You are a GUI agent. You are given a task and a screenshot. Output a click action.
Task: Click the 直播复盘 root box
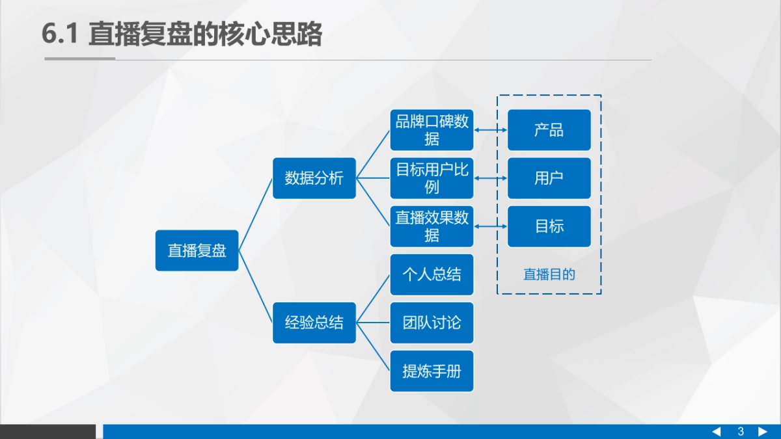click(x=197, y=250)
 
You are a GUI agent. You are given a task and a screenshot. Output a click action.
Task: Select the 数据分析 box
click(x=314, y=178)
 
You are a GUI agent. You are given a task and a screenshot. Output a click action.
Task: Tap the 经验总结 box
click(x=314, y=323)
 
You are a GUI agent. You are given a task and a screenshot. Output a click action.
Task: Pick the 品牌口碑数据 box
click(x=432, y=130)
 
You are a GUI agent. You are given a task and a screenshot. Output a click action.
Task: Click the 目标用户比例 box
click(x=432, y=178)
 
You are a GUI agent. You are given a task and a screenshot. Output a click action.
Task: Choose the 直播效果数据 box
click(x=432, y=226)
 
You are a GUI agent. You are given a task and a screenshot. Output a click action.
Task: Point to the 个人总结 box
click(x=432, y=274)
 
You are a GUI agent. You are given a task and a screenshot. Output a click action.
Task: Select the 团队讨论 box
click(x=432, y=323)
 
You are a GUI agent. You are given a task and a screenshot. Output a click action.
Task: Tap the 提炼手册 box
click(x=432, y=371)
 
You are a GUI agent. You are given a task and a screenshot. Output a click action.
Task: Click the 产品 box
click(x=549, y=130)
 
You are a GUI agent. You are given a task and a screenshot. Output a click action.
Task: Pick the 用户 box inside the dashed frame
click(x=549, y=178)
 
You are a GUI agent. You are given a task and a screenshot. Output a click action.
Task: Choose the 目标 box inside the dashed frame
click(x=549, y=226)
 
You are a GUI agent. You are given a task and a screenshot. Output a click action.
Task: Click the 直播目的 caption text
click(x=549, y=274)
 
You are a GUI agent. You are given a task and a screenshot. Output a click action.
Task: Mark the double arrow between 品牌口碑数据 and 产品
click(x=491, y=130)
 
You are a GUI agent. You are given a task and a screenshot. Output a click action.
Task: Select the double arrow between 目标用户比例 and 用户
click(x=491, y=178)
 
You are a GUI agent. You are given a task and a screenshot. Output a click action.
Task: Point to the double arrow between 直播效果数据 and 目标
click(x=491, y=226)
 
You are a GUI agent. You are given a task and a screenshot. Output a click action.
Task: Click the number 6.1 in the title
click(x=60, y=34)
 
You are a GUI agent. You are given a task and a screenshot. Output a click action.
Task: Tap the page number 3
click(x=741, y=432)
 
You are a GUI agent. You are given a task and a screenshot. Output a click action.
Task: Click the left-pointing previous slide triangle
click(x=717, y=432)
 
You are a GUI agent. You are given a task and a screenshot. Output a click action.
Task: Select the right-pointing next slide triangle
click(x=763, y=432)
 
